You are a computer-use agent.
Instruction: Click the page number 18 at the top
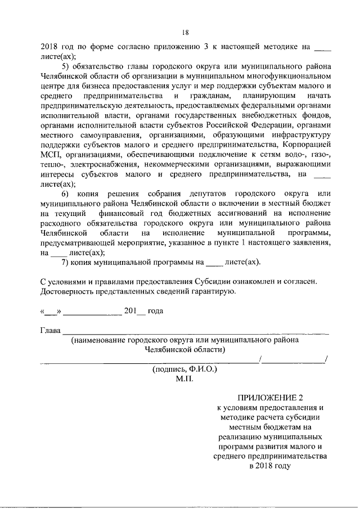[185, 32]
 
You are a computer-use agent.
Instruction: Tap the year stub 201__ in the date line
[134, 310]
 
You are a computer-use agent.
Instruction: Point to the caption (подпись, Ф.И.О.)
[184, 369]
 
